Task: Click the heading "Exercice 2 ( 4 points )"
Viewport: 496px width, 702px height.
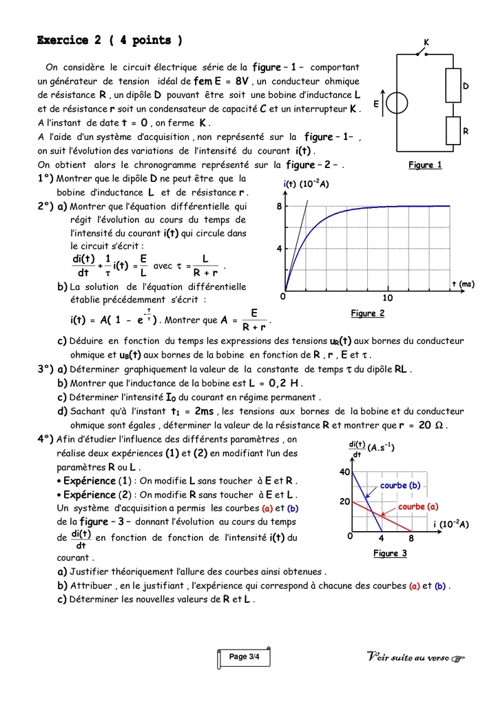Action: point(110,41)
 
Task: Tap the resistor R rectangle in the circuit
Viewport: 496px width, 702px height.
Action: point(453,130)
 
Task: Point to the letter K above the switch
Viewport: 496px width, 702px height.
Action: point(426,43)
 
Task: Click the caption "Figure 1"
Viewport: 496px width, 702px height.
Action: point(425,165)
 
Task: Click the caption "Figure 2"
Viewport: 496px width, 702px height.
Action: point(368,313)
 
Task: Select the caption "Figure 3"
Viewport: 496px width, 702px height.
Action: point(390,553)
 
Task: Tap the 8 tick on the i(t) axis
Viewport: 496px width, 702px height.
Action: point(280,206)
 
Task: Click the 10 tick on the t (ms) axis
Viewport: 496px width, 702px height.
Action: point(387,298)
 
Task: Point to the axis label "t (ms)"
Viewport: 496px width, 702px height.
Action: point(463,284)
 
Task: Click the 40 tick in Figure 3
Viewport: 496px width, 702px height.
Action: point(345,472)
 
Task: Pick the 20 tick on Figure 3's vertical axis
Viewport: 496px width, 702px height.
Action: point(345,502)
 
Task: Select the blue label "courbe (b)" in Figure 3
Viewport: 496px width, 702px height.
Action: point(400,486)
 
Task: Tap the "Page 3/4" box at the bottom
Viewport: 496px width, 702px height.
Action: point(244,657)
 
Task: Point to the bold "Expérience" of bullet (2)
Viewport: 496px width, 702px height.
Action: point(89,495)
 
